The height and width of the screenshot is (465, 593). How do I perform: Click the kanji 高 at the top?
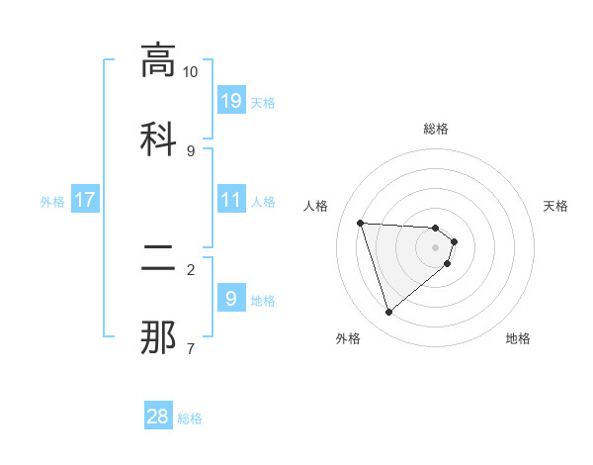click(x=158, y=60)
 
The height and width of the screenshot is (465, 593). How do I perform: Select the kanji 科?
click(x=158, y=136)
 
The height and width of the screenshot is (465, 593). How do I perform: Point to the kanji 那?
click(x=158, y=337)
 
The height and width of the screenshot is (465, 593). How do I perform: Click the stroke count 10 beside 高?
click(x=191, y=72)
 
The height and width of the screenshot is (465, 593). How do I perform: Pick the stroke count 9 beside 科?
click(x=191, y=150)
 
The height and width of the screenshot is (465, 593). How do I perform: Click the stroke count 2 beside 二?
click(x=191, y=269)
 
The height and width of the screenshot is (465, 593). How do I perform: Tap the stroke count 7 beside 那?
click(x=191, y=348)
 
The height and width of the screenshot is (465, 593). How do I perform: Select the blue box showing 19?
click(x=231, y=100)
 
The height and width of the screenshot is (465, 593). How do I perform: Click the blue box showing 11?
click(x=231, y=200)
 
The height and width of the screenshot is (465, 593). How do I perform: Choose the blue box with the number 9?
click(x=231, y=299)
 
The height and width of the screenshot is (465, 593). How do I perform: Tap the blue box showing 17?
click(x=85, y=200)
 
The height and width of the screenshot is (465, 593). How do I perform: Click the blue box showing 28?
click(x=158, y=417)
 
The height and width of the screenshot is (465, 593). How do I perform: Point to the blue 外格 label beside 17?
click(x=52, y=201)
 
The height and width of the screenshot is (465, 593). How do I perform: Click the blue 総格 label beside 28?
click(x=190, y=418)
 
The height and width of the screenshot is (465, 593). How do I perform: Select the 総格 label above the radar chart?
click(x=436, y=129)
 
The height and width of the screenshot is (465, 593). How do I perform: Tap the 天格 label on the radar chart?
click(x=555, y=206)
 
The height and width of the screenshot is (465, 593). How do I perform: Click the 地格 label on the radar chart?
click(x=518, y=338)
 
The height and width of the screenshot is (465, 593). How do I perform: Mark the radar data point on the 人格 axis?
click(x=361, y=223)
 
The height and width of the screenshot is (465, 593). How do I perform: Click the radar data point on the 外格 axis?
click(x=388, y=313)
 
